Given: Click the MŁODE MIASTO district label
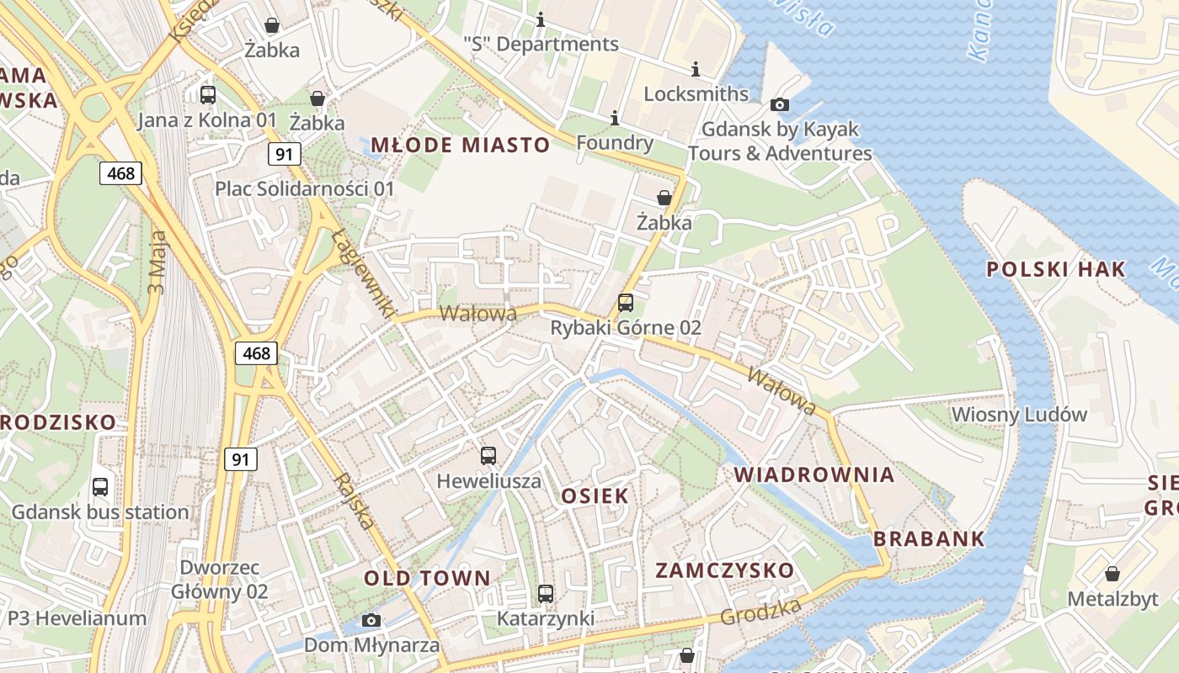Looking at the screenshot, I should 460,145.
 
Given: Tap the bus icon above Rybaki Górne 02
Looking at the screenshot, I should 625,303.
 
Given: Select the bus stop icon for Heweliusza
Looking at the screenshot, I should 488,456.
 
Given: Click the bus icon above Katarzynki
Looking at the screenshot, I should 546,594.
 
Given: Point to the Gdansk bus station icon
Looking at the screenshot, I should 100,486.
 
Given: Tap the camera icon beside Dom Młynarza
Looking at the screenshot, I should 371,621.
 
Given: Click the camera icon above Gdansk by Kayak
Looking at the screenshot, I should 780,105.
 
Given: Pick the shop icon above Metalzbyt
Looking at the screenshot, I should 1112,575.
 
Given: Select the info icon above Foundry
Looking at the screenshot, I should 615,117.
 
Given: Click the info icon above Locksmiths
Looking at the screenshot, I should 696,69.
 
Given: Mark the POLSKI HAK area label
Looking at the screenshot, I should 1055,269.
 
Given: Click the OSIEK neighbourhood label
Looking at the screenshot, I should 595,495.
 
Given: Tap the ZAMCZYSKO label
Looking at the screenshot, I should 724,570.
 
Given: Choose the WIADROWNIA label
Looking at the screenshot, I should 814,474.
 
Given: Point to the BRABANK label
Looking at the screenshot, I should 929,539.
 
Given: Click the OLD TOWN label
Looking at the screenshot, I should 427,578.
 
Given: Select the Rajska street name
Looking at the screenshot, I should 355,501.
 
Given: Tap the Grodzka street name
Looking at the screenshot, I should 760,612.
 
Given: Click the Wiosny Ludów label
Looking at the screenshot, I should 1019,415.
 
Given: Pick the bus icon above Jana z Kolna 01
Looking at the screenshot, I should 208,94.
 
